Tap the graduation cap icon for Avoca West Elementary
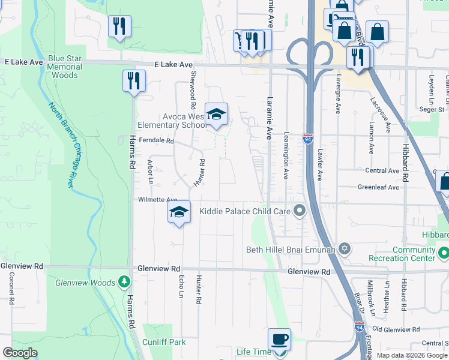tap(217, 113)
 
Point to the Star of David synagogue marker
tap(344, 248)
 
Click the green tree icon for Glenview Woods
tap(124, 281)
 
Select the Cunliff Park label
tap(164, 342)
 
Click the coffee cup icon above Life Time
tap(279, 340)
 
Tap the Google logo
tap(20, 353)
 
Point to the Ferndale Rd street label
tap(156, 141)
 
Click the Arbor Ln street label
tap(150, 172)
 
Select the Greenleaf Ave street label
tap(378, 187)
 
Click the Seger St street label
tap(432, 109)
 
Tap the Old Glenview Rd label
tap(396, 329)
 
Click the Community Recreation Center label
tap(414, 254)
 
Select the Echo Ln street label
tap(182, 290)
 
